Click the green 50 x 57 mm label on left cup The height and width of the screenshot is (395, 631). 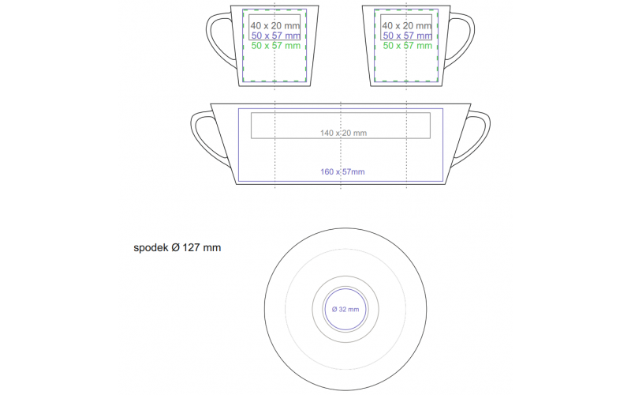[x=275, y=46]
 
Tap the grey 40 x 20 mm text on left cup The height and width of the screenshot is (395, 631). [x=275, y=26]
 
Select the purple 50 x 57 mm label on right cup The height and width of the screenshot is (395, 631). [x=407, y=36]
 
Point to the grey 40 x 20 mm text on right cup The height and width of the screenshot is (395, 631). [x=407, y=26]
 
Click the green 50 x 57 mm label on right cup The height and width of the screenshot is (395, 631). [x=407, y=46]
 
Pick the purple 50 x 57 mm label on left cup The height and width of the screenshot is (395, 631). [x=275, y=36]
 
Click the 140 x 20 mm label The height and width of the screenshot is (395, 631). [x=343, y=133]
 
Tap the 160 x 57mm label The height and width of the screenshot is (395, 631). [x=342, y=172]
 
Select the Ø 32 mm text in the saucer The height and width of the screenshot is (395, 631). [x=345, y=310]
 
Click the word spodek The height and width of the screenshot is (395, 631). [x=151, y=248]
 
